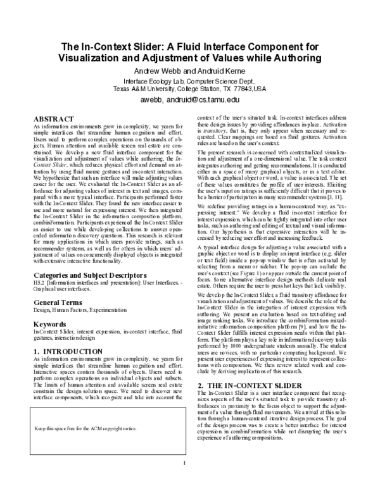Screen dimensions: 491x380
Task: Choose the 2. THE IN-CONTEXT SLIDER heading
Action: [x=248, y=366]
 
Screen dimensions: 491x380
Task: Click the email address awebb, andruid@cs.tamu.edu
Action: [x=189, y=99]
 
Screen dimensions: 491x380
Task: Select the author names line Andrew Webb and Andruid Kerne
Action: [x=190, y=71]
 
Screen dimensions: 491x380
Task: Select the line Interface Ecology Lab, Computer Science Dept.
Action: [x=189, y=81]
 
